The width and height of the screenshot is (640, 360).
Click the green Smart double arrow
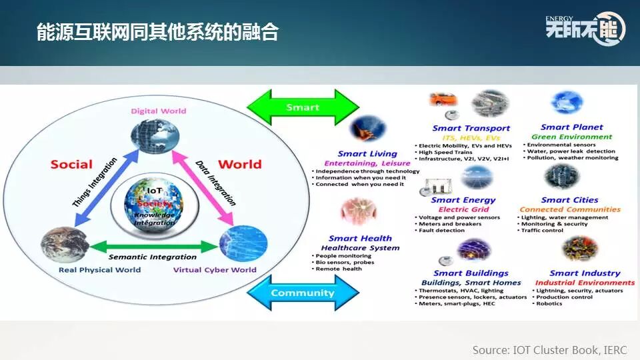click(303, 107)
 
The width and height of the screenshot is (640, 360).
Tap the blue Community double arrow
click(303, 293)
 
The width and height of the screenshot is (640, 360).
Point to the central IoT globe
click(155, 200)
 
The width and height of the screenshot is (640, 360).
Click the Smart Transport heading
click(471, 128)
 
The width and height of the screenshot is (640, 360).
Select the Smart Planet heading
click(571, 127)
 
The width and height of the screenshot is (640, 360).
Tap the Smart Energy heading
click(463, 200)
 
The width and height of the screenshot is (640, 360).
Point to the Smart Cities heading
click(569, 200)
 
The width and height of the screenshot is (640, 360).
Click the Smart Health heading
click(360, 238)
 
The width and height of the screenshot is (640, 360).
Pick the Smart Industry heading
click(585, 273)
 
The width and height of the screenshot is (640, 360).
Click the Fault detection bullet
click(441, 231)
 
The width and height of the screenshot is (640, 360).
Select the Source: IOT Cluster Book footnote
click(549, 350)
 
